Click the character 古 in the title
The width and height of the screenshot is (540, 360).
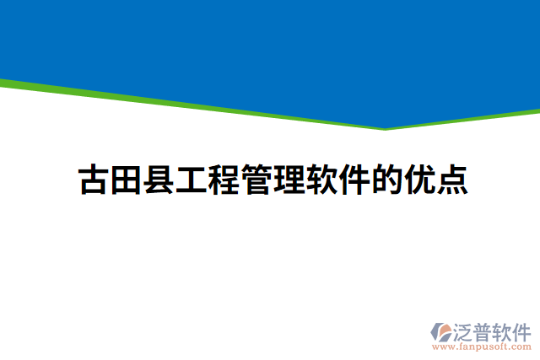tap(93, 180)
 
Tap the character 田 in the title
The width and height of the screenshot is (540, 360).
tap(126, 180)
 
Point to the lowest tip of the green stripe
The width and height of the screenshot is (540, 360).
tap(385, 129)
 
